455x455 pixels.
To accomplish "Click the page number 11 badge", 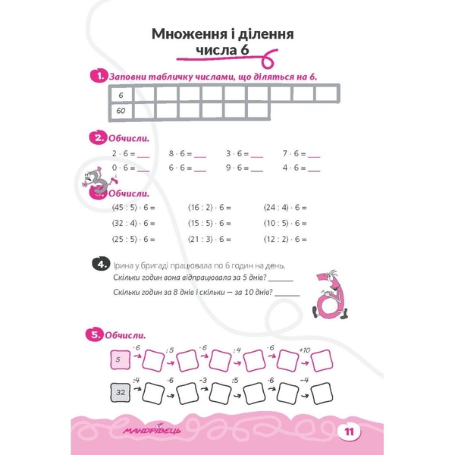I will (x=349, y=432).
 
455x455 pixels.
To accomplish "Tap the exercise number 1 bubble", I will (x=97, y=76).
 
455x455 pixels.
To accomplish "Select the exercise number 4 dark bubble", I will (x=99, y=264).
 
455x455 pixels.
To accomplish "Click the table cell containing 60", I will (x=121, y=111).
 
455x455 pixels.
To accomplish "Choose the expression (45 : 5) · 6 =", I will (x=133, y=207).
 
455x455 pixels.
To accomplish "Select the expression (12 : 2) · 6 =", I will (x=285, y=239).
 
